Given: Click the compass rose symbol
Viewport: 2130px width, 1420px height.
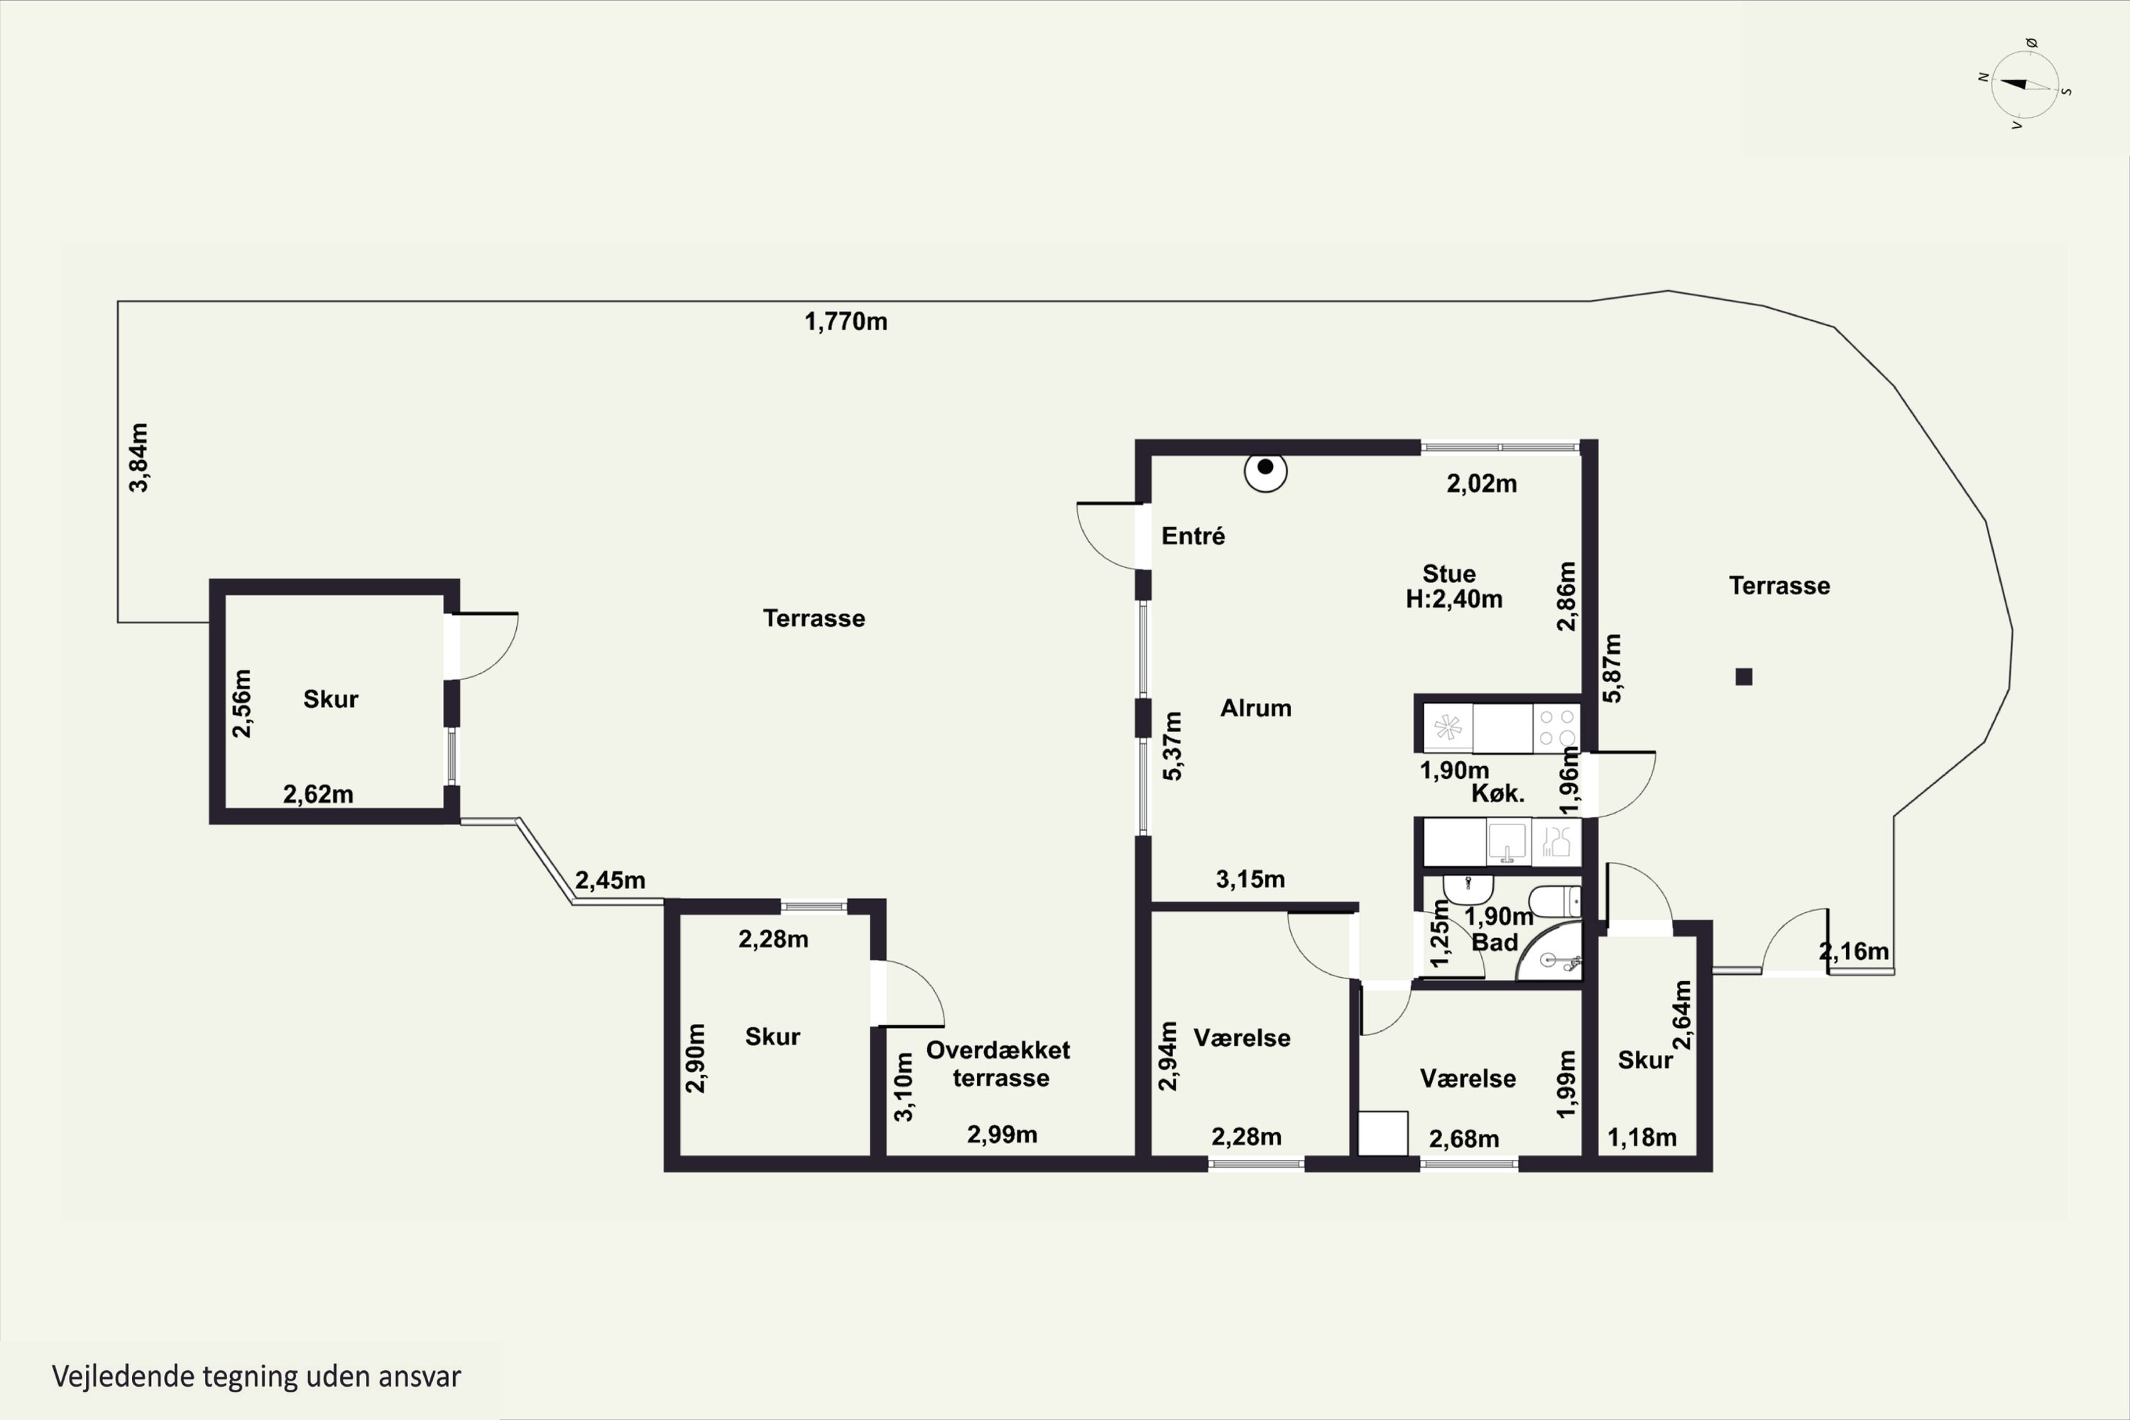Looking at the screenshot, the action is pos(2025,85).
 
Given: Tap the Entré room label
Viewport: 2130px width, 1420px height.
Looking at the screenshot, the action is pos(1193,536).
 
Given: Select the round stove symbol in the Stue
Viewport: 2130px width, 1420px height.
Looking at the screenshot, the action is pos(1265,470).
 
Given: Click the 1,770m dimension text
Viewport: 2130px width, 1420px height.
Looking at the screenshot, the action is pos(846,322).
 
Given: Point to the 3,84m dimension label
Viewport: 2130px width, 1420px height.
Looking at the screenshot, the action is pos(138,457).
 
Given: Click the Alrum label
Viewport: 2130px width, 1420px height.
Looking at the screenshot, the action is pos(1255,708).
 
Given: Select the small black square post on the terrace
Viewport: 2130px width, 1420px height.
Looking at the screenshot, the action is pos(1743,677).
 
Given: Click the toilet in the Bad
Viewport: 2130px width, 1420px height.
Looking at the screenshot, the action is pos(1555,901).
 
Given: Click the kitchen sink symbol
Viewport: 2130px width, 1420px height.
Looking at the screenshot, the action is pos(1508,842).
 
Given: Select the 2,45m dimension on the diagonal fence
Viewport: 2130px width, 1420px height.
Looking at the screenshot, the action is pos(611,880).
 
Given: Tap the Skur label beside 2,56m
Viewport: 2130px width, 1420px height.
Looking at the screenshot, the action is pos(331,699).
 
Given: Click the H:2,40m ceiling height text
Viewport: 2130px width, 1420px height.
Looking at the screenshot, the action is pos(1454,599).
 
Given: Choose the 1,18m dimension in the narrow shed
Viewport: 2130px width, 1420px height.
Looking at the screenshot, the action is pos(1642,1137).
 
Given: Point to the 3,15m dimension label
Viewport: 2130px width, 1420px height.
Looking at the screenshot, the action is pos(1250,880).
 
